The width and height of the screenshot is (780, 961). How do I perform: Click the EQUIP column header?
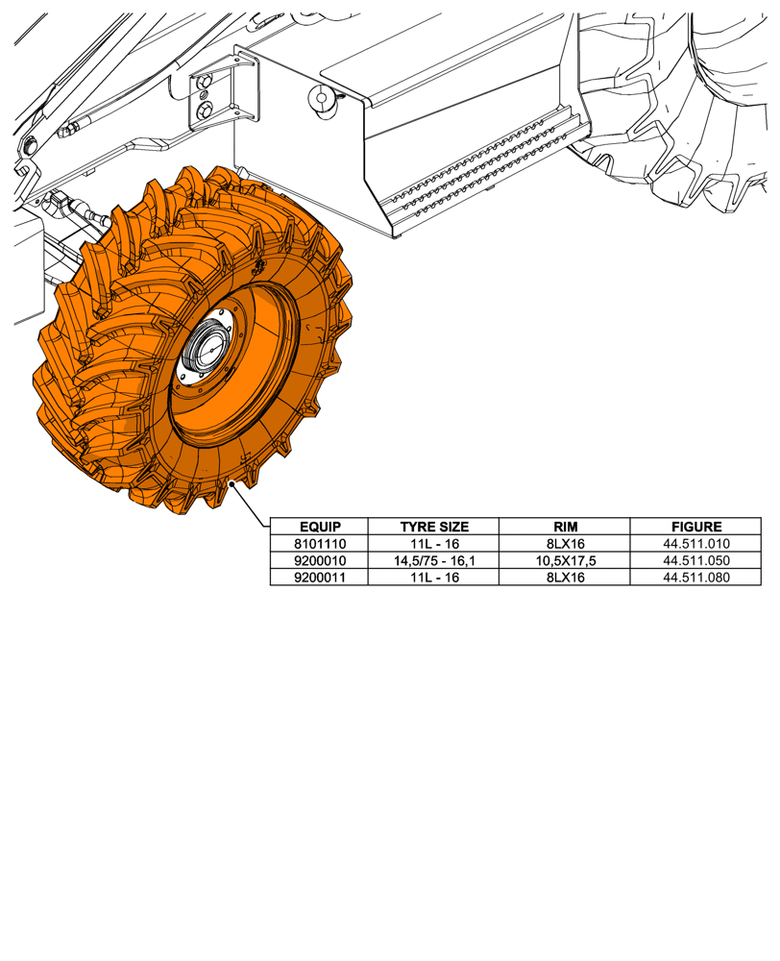[x=319, y=527]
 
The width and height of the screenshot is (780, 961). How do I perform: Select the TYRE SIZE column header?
[x=434, y=527]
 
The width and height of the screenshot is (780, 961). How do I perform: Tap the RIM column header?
[x=565, y=527]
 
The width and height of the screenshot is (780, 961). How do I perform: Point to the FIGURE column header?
[x=696, y=527]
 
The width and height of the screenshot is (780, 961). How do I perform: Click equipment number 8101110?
[x=319, y=544]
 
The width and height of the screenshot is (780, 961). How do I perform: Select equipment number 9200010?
[x=319, y=560]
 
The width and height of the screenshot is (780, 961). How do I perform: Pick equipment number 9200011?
[x=319, y=577]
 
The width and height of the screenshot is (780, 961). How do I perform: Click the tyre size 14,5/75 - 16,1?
[x=434, y=560]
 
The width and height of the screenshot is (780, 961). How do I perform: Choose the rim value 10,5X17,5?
[x=565, y=560]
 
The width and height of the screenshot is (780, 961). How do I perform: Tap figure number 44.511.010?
[x=696, y=544]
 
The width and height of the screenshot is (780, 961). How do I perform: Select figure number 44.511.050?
[x=696, y=560]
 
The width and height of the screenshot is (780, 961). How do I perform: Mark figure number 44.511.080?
[x=696, y=577]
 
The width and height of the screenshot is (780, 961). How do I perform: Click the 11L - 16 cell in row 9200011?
[x=434, y=577]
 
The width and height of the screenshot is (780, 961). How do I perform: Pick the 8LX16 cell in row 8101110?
[x=565, y=544]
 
